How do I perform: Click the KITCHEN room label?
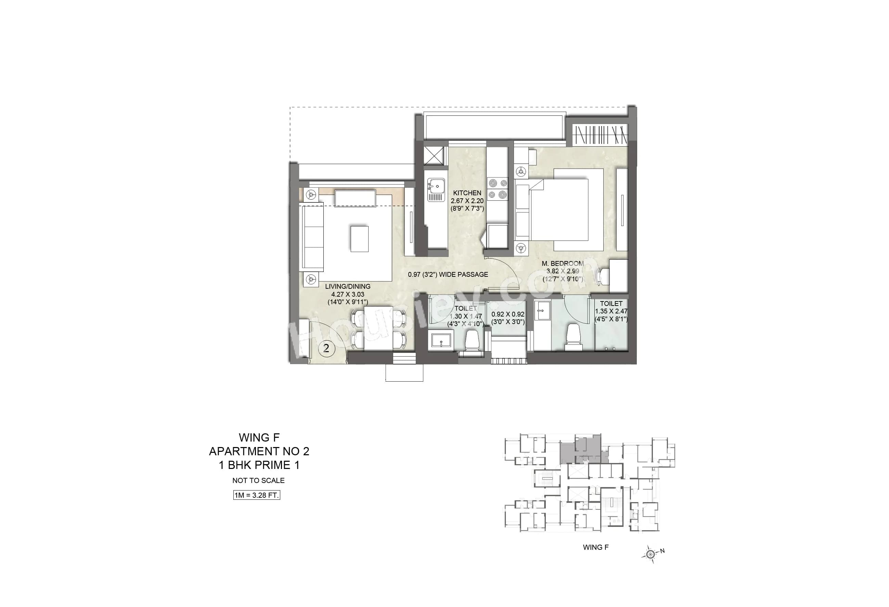point(467,193)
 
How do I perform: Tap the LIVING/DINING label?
point(347,286)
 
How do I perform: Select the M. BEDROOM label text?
point(562,263)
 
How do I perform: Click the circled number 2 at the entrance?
point(326,348)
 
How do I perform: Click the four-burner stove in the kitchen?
point(497,189)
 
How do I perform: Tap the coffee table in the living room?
point(360,239)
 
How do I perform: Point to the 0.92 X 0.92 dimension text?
point(507,314)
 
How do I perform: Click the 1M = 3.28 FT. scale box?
point(257,495)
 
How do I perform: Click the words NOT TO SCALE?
point(258,480)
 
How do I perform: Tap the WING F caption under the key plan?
point(596,547)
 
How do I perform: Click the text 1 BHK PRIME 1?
point(259,465)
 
